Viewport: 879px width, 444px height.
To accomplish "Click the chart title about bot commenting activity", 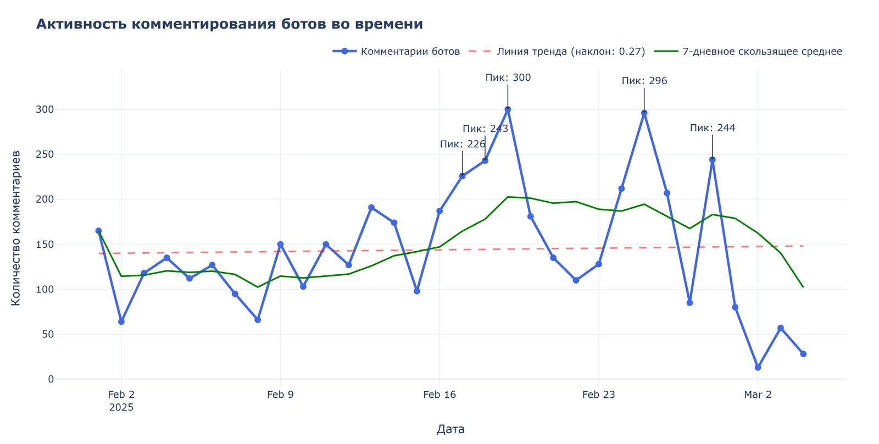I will (229, 24).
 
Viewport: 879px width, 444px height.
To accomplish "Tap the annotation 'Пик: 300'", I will (508, 78).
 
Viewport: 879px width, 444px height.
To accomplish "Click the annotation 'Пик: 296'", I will (644, 81).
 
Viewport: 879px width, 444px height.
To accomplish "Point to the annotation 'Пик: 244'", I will (713, 129).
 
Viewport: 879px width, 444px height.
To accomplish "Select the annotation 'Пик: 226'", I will (463, 145).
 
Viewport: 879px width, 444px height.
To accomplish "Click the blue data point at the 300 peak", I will (508, 109).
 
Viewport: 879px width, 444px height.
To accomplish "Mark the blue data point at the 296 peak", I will (644, 113).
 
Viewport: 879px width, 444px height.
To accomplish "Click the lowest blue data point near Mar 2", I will (758, 368).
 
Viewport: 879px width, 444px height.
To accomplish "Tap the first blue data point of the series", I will (98, 231).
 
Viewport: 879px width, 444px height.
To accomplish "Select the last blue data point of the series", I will (803, 354).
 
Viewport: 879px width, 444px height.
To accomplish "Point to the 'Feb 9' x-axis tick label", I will (280, 395).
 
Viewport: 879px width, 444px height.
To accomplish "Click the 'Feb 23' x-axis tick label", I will (598, 395).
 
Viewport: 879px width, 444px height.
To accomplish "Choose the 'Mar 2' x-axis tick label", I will (758, 395).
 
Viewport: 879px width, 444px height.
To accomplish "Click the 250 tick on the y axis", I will (46, 154).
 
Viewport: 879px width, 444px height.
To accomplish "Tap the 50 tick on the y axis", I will (48, 334).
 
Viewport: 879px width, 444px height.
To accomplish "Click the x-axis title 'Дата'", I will (450, 429).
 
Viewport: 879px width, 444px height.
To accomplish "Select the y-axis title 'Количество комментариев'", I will (16, 227).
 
